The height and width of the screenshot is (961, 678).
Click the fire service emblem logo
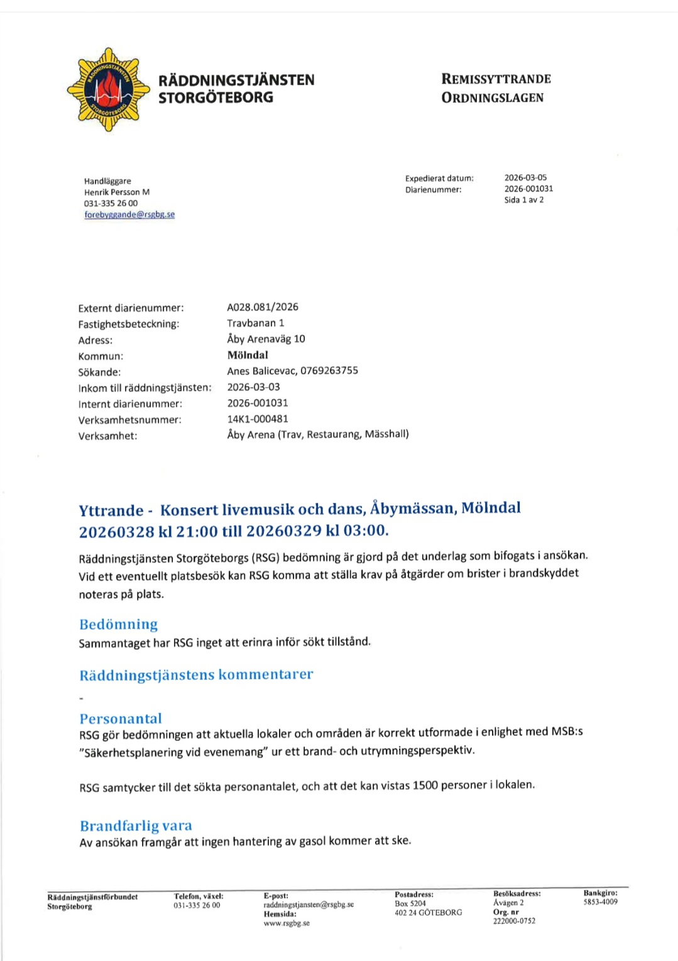[x=109, y=89]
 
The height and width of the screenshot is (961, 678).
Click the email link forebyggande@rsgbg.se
[x=129, y=214]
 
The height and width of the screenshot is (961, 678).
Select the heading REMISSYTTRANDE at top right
[x=496, y=79]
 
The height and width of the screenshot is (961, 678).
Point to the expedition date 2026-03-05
[x=525, y=178]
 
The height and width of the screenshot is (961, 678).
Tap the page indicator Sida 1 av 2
[x=523, y=200]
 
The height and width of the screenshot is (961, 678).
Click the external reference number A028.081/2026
[x=263, y=307]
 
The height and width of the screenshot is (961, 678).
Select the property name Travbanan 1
[x=256, y=323]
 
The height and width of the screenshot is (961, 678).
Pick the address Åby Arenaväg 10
[x=266, y=339]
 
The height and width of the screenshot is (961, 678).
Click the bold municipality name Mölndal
[x=248, y=355]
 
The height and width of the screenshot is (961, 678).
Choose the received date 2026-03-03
[x=253, y=387]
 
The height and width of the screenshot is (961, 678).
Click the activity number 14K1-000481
[x=258, y=419]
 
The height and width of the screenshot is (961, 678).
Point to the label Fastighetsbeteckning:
[x=129, y=324]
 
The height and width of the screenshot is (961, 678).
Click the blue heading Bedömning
[x=118, y=624]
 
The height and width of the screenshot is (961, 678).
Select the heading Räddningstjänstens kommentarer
[x=196, y=674]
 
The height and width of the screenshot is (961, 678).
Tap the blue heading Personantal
[x=121, y=718]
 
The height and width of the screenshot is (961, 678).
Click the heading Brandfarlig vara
[x=136, y=826]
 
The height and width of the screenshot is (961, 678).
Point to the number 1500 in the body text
[x=425, y=785]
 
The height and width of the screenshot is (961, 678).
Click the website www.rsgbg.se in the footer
[x=287, y=923]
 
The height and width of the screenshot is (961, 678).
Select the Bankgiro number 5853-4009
[x=600, y=902]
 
